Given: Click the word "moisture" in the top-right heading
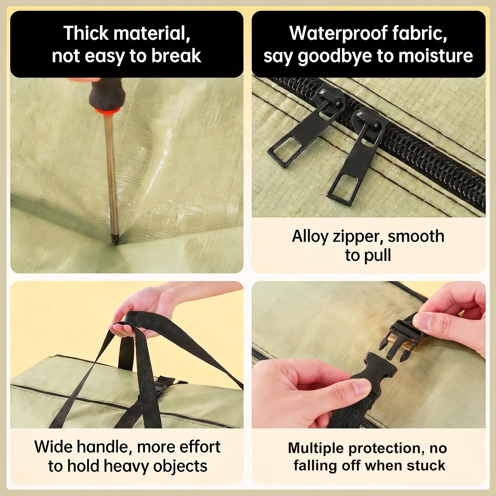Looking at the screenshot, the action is pos(436,56).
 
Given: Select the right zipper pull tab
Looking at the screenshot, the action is pos(356,155).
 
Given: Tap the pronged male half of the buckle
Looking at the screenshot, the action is pos(403,339).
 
